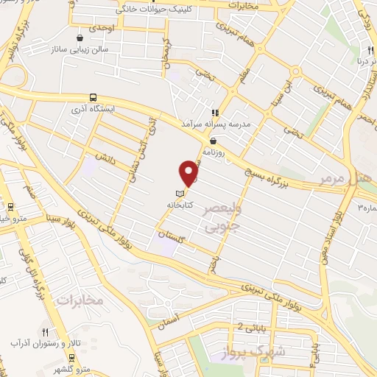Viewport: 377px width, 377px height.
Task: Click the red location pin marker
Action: [x=189, y=174]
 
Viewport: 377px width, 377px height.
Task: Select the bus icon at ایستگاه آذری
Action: [x=93, y=97]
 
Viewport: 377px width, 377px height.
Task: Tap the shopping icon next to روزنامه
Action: [x=213, y=141]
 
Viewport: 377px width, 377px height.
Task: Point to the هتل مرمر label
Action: [x=345, y=179]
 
